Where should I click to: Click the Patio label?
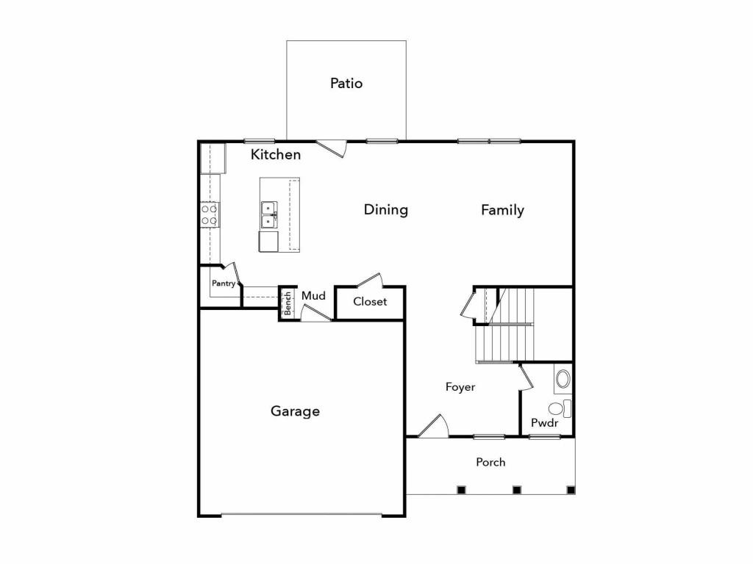tap(346, 84)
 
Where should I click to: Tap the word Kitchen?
tap(276, 154)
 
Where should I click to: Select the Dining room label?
tap(385, 209)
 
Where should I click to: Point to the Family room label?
tap(502, 210)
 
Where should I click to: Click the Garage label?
tap(295, 411)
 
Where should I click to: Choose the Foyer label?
tap(460, 386)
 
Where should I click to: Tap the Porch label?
tap(490, 463)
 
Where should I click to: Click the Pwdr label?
tap(545, 423)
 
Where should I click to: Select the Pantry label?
tap(224, 283)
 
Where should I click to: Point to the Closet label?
tap(370, 302)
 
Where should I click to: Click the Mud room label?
tap(313, 296)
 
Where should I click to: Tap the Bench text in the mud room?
tap(288, 303)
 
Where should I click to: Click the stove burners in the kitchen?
tap(210, 215)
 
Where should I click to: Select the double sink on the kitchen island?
tap(269, 215)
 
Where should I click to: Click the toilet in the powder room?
tap(560, 408)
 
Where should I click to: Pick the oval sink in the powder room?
tap(563, 379)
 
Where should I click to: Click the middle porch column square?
tap(517, 490)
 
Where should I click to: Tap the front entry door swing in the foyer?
tap(434, 426)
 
